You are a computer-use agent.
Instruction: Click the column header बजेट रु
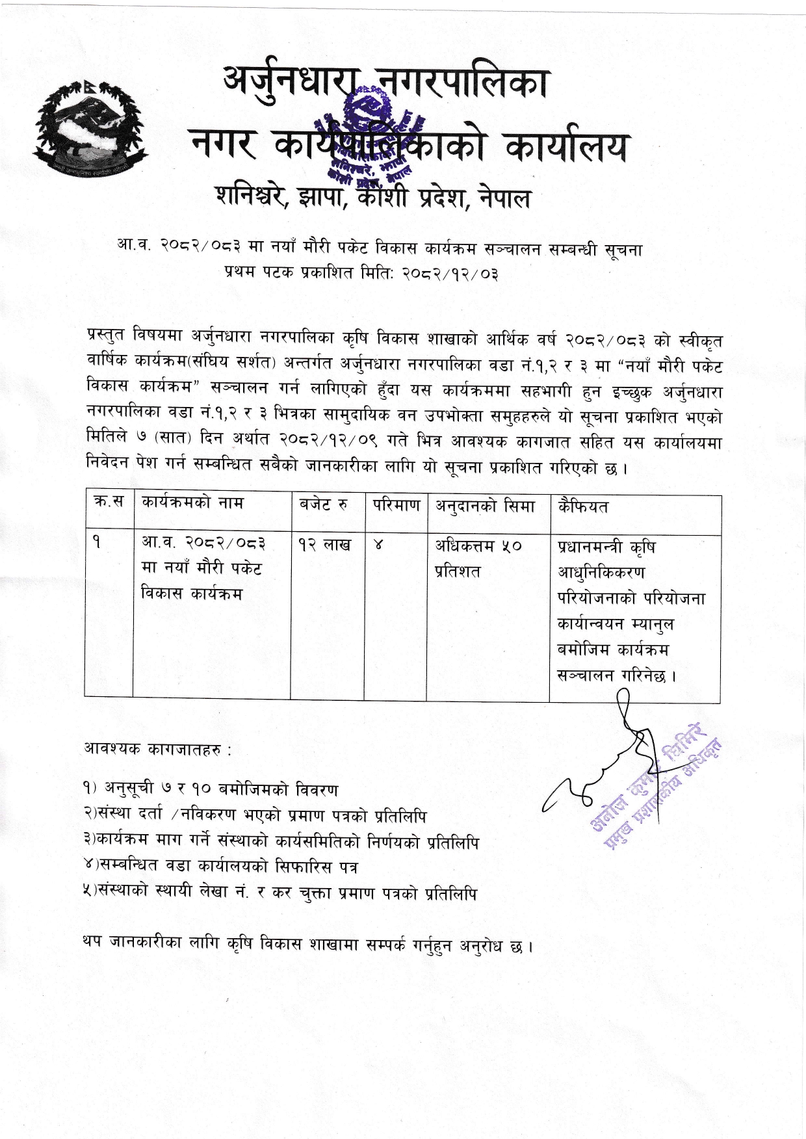323,505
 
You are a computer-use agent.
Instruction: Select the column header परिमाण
396,505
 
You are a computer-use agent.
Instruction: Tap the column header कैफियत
583,506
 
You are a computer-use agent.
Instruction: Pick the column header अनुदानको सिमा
485,506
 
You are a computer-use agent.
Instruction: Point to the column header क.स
109,502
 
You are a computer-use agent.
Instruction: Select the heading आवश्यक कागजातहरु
157,749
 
